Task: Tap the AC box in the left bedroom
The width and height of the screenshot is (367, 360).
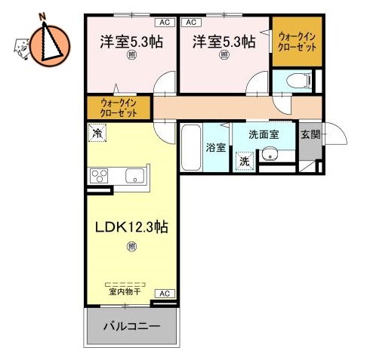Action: (164, 23)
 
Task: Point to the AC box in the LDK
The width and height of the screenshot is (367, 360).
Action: (163, 293)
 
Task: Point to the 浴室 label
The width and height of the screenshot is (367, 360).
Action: (216, 147)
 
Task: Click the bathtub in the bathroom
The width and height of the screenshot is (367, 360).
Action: (191, 149)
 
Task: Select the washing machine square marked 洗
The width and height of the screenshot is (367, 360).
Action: (244, 160)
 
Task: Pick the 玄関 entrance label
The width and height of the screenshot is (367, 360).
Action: (310, 136)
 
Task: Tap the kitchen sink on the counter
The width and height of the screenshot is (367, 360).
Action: (135, 176)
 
